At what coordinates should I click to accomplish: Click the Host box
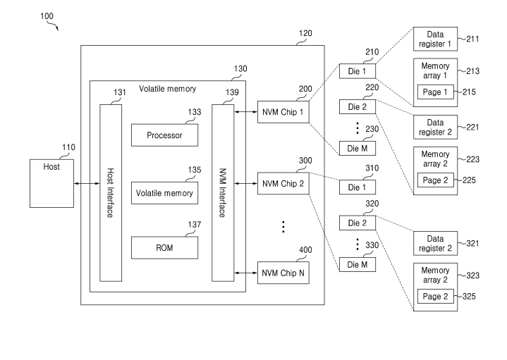(x=51, y=183)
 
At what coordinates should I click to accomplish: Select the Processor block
(x=164, y=135)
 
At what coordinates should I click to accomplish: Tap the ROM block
(x=164, y=248)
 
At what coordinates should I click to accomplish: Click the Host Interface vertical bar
(x=111, y=193)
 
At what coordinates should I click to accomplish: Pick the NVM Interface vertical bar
(x=223, y=193)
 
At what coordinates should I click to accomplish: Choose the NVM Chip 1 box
(x=283, y=112)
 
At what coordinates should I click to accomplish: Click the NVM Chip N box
(x=283, y=273)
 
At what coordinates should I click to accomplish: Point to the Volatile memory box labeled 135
(x=164, y=193)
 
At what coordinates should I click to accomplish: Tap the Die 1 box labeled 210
(x=358, y=71)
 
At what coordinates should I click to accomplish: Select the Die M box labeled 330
(x=358, y=265)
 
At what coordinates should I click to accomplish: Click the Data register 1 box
(x=435, y=39)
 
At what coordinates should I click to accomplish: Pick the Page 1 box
(x=435, y=92)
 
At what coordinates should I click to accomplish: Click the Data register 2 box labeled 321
(x=435, y=243)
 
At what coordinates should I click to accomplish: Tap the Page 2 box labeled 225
(x=435, y=180)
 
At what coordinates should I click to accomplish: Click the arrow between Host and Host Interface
(x=87, y=184)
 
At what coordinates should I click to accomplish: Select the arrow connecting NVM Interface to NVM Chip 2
(x=245, y=184)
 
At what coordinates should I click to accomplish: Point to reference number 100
(x=47, y=16)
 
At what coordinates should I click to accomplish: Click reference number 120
(x=305, y=33)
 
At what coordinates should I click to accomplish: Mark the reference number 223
(x=472, y=159)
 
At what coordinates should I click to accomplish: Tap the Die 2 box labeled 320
(x=358, y=223)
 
